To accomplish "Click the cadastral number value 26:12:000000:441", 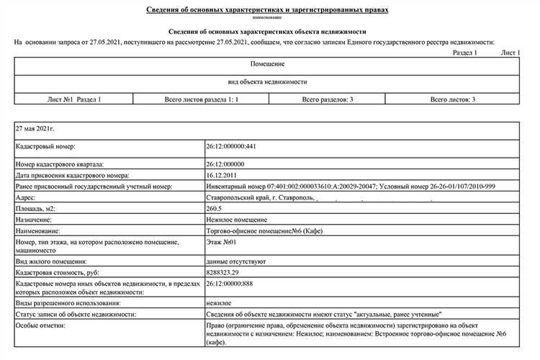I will (x=231, y=146).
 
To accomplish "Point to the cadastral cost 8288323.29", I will (x=224, y=274).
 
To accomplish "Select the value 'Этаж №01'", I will (x=222, y=242).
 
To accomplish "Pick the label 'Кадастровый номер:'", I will (x=45, y=146).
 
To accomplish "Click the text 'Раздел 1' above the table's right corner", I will (x=465, y=53).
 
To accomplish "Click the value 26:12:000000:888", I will (x=231, y=285).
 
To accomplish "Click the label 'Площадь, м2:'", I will (x=35, y=208).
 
